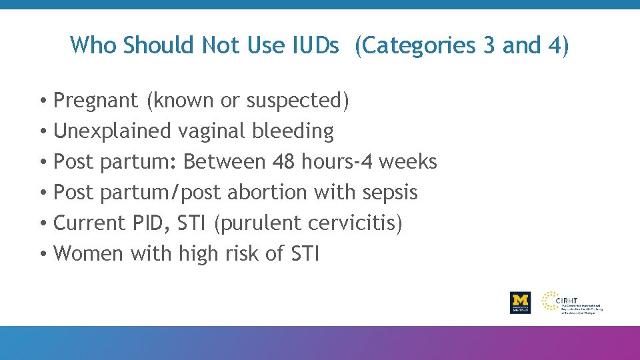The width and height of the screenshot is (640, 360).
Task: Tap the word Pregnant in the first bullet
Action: coord(96,101)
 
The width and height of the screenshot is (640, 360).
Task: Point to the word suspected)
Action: coord(298,101)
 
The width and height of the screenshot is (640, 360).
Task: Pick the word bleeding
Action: coord(293,131)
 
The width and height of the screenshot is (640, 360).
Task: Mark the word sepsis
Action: coord(390,193)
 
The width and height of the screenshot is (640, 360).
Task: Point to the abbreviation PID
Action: coord(151,223)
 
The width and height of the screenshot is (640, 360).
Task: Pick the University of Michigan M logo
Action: coord(520,301)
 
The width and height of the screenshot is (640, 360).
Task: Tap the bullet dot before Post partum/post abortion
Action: coord(42,193)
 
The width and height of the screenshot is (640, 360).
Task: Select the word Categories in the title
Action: coord(415,45)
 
